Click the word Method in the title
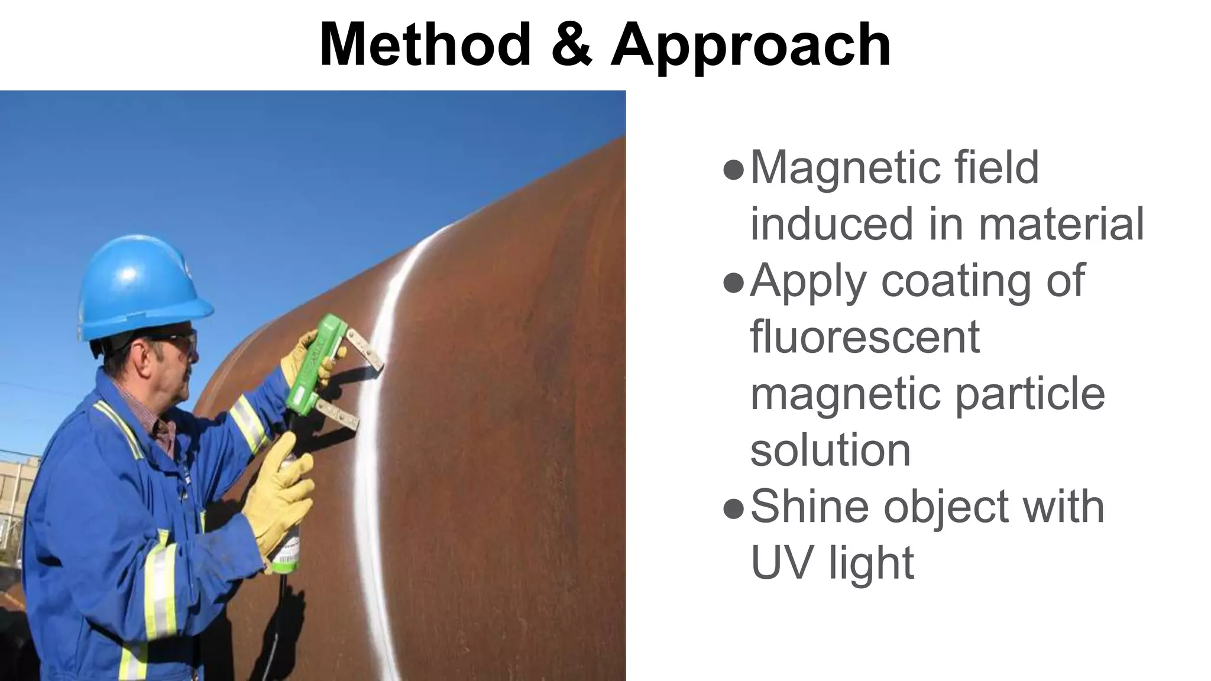(425, 45)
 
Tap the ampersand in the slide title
(571, 45)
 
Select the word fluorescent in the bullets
(865, 337)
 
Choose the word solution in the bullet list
(830, 450)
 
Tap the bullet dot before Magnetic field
(733, 170)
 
